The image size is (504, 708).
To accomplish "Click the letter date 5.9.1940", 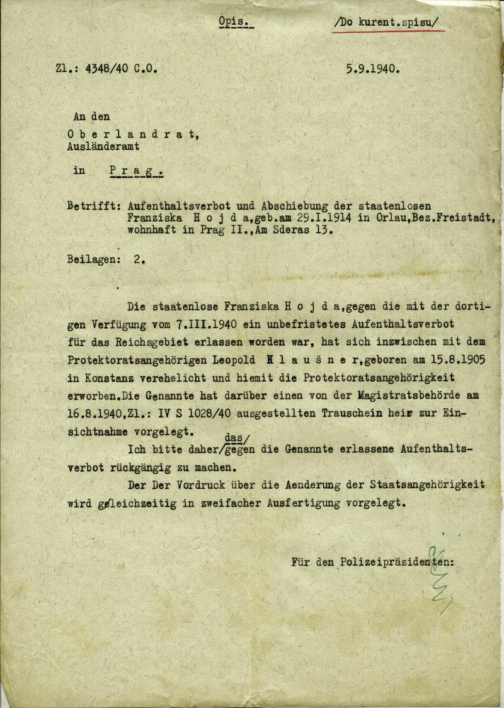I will pyautogui.click(x=372, y=69).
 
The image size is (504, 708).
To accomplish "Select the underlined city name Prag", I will pyautogui.click(x=135, y=170).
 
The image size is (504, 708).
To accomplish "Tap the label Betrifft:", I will pyautogui.click(x=93, y=206).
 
